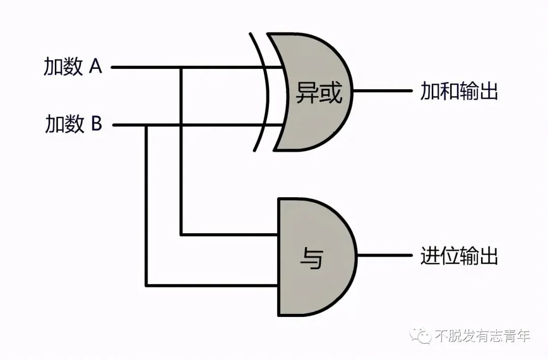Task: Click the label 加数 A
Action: click(x=73, y=67)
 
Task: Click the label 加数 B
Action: click(x=74, y=124)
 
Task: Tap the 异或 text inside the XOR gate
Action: click(x=319, y=93)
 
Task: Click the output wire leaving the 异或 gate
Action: click(x=383, y=91)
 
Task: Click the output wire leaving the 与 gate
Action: click(x=386, y=255)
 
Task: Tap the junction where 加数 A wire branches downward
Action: click(x=181, y=67)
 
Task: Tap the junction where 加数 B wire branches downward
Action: click(x=147, y=124)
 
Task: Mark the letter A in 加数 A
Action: click(x=95, y=66)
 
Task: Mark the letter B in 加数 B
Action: click(x=96, y=124)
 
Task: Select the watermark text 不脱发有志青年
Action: click(x=483, y=336)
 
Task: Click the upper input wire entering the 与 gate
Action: click(x=228, y=235)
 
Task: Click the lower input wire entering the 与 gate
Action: click(x=213, y=285)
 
